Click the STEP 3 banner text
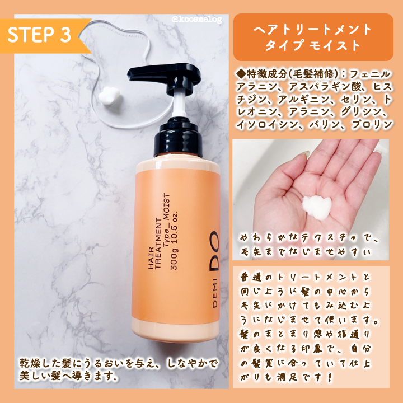(x=39, y=35)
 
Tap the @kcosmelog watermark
(x=196, y=20)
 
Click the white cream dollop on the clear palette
(x=110, y=96)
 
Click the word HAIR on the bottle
(x=151, y=258)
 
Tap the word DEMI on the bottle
(x=215, y=293)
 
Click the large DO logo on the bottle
(x=214, y=251)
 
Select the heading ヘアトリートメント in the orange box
(x=313, y=29)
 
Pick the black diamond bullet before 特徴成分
(x=241, y=74)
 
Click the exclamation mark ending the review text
(x=330, y=377)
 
